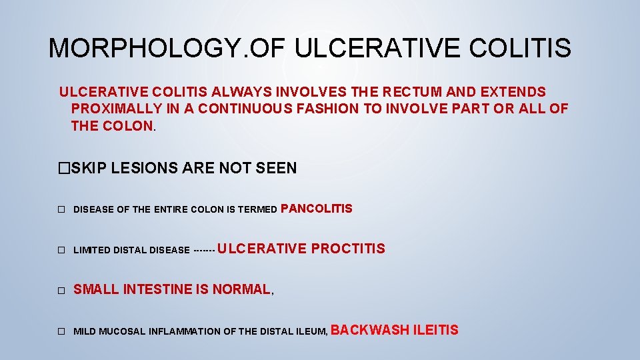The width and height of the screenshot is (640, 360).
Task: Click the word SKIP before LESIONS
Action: (89, 168)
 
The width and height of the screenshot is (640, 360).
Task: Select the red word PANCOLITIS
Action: (317, 209)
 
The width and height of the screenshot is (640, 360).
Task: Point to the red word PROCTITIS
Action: (348, 249)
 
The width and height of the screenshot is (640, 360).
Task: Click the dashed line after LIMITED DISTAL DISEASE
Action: (203, 250)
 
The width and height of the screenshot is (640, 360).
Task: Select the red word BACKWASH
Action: (369, 329)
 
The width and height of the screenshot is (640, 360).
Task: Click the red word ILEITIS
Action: (436, 329)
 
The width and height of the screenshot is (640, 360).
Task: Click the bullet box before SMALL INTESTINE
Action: (61, 291)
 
